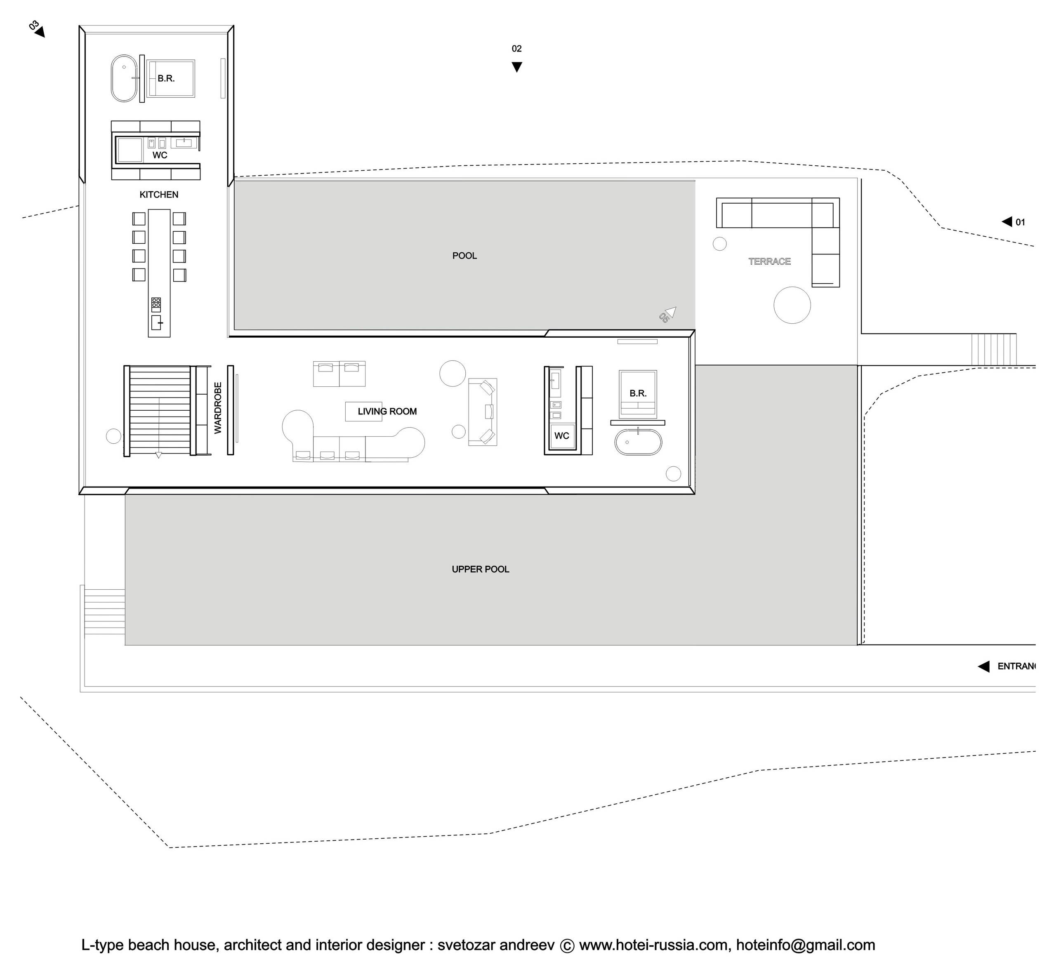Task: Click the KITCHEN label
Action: (x=159, y=195)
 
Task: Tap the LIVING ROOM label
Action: (x=387, y=411)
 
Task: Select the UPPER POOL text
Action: (x=480, y=569)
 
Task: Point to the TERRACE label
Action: (x=769, y=261)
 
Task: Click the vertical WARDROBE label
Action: (x=218, y=408)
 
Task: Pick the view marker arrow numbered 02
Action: (x=517, y=67)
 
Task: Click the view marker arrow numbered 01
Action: (x=1006, y=221)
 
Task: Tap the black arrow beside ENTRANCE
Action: (x=983, y=666)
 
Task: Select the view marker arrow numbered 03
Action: (x=40, y=32)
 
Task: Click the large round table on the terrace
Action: (x=792, y=305)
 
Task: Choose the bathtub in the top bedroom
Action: (x=124, y=78)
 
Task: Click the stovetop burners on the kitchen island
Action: (x=156, y=305)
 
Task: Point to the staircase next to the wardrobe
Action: (x=159, y=411)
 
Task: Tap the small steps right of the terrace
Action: (x=994, y=349)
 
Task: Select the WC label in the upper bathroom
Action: (x=160, y=155)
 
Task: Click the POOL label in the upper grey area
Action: (x=464, y=256)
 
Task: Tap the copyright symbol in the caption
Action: (x=567, y=946)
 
